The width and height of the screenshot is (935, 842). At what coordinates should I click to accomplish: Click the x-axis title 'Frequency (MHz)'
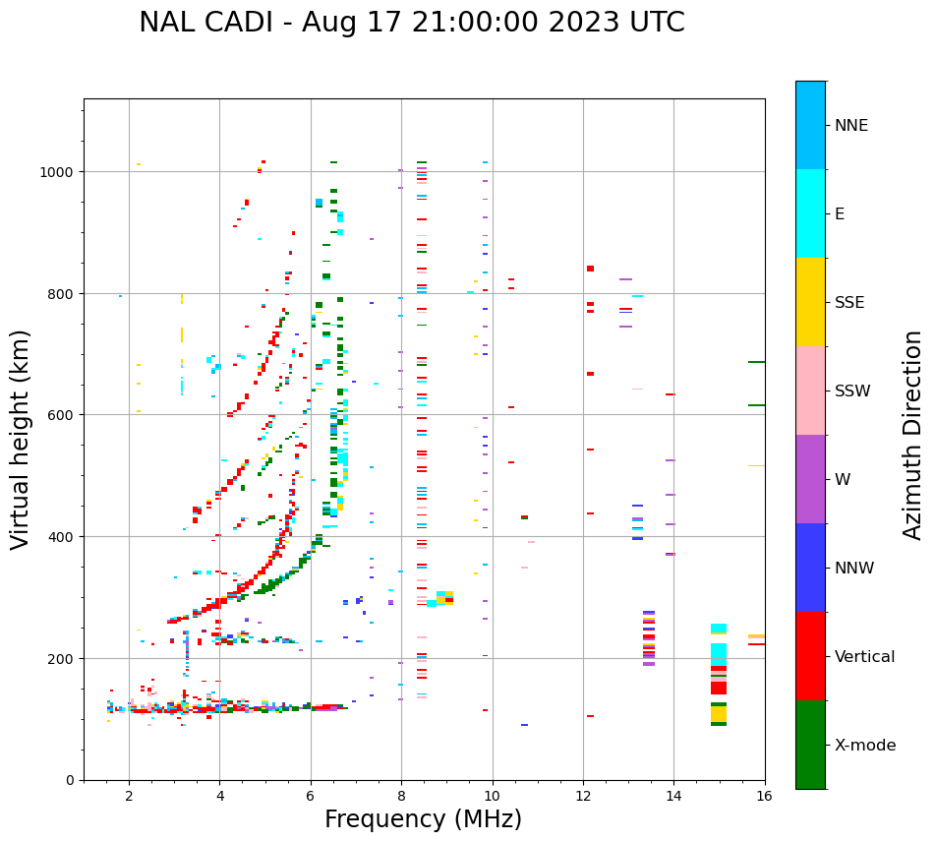coord(423,819)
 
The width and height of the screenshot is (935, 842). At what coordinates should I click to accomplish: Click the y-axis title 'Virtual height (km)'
coord(22,439)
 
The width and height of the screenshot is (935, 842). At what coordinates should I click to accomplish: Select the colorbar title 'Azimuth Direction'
coord(913,435)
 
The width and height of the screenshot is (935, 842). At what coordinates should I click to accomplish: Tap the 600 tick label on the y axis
coord(61,415)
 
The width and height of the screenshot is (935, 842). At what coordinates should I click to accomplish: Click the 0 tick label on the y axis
coord(70,780)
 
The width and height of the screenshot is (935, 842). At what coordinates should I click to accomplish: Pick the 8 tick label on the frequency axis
coord(401,797)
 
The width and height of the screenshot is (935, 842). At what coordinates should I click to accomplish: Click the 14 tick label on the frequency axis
coord(673,797)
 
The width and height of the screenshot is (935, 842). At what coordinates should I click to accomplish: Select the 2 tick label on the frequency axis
coord(129,797)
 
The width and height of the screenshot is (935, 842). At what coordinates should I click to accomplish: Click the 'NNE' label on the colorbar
coord(851,126)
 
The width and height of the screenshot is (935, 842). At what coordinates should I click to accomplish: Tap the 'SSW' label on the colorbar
coord(852,391)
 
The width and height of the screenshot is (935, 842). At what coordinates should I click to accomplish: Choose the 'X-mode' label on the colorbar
coord(865,746)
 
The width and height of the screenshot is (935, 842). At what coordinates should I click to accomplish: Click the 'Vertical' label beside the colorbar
coord(864,657)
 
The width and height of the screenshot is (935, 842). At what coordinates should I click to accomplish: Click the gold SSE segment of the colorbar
coord(810,302)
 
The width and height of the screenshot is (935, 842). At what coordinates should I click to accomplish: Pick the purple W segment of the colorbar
coord(810,479)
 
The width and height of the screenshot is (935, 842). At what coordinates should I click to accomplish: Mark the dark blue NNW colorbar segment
coord(810,568)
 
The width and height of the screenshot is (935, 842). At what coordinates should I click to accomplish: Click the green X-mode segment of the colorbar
coord(810,745)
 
